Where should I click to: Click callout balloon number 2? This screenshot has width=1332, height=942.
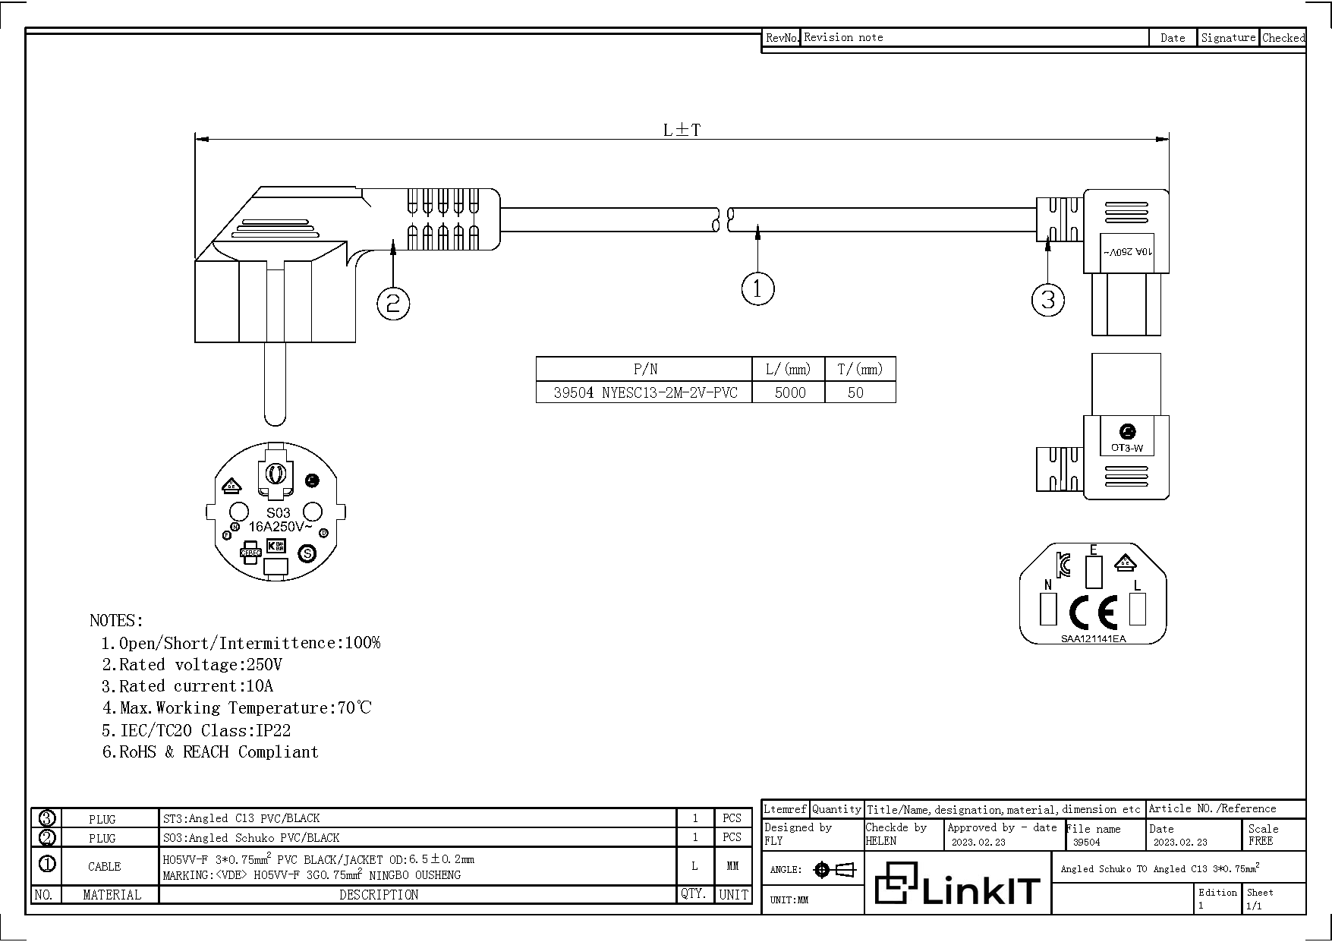click(x=393, y=304)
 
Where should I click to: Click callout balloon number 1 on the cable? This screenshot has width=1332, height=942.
click(x=757, y=288)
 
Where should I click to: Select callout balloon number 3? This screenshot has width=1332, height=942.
click(x=1047, y=300)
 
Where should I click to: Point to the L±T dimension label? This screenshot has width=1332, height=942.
click(x=682, y=130)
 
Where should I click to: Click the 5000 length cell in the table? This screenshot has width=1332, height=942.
click(x=789, y=392)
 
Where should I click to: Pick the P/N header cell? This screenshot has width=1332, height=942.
click(x=645, y=370)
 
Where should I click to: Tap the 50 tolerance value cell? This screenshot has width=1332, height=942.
click(x=855, y=392)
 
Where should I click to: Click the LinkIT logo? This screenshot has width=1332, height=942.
click(x=957, y=884)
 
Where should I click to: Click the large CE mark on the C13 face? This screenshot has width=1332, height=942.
click(x=1093, y=611)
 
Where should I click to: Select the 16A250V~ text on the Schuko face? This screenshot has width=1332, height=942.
click(x=280, y=526)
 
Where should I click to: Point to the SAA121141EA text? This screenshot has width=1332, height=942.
click(x=1093, y=638)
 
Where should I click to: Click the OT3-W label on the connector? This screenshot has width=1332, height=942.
click(x=1126, y=448)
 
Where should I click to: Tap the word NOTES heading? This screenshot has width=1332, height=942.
click(x=116, y=620)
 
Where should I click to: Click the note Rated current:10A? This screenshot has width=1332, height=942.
click(x=187, y=686)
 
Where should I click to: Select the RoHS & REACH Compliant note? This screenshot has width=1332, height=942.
click(x=210, y=752)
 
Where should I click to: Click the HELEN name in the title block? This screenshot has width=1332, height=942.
click(x=880, y=841)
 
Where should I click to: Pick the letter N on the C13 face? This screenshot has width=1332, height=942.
click(x=1048, y=584)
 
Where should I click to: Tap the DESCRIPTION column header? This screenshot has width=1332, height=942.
click(x=378, y=895)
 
